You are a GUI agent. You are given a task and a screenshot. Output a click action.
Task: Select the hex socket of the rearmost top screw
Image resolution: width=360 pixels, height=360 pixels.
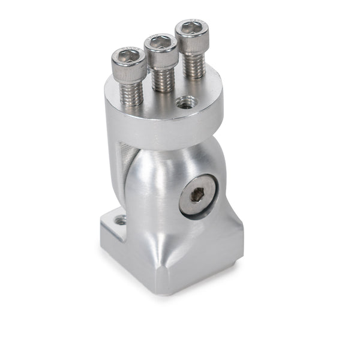[x=192, y=28]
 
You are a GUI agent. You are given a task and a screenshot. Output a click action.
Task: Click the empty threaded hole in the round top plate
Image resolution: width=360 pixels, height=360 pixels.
[x=186, y=104]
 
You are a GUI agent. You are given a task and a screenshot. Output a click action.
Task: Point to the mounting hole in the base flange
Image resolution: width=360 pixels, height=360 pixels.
[x=121, y=220]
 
